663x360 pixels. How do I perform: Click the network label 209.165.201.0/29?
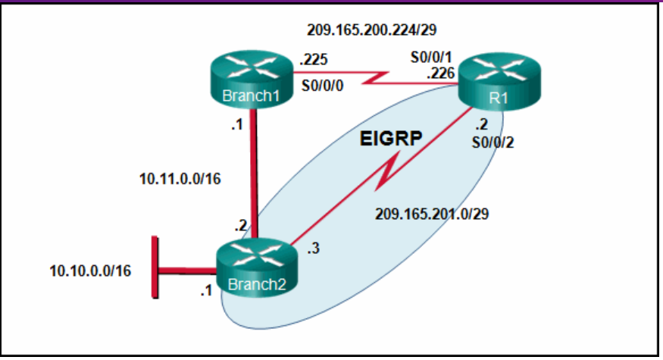(x=432, y=214)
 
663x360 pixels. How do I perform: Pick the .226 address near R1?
(x=439, y=73)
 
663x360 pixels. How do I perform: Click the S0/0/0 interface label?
(x=322, y=85)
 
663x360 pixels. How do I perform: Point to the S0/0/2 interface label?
(x=493, y=142)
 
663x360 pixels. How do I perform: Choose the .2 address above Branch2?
(x=241, y=225)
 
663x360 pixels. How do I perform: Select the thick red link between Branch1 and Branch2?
(x=256, y=174)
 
